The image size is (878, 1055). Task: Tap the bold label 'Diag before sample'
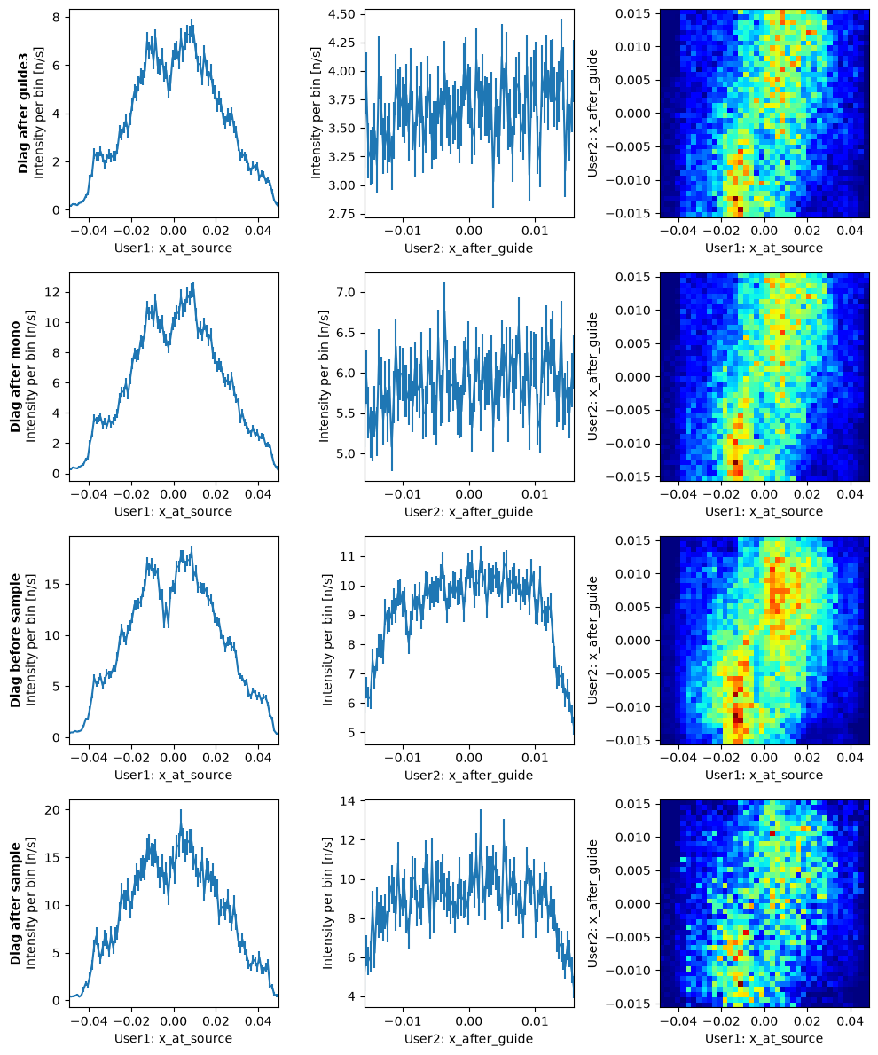15,640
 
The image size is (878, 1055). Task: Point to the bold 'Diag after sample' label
15,903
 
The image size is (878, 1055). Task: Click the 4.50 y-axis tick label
343,15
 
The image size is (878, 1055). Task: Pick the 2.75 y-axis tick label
343,214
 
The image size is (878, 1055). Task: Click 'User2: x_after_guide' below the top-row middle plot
468,248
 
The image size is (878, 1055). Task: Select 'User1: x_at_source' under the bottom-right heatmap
764,1039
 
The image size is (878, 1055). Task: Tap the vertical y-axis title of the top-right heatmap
592,113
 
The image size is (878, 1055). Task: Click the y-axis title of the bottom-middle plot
327,903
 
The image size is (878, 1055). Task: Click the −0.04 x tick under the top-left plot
90,231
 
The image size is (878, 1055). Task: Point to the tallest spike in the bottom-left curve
181,810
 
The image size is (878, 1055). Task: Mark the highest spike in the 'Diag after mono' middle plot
443,283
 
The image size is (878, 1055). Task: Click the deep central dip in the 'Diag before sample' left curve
165,626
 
